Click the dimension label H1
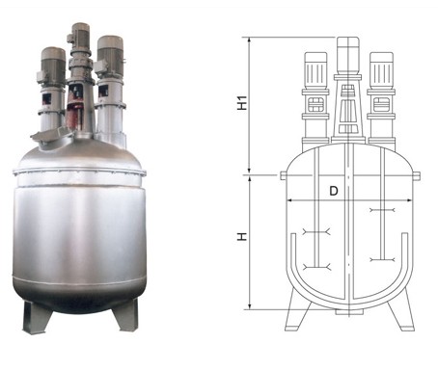tap(242, 103)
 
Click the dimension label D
tap(334, 191)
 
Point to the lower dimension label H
tap(242, 236)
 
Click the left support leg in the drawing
tap(297, 310)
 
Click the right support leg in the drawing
tap(400, 309)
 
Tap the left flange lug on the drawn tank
tap(284, 175)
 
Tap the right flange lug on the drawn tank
tap(416, 175)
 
